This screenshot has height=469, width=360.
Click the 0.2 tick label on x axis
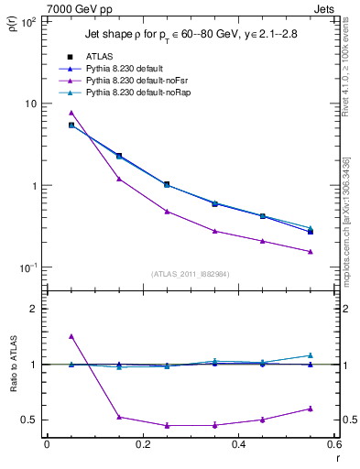142,444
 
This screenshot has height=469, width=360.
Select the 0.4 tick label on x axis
238,444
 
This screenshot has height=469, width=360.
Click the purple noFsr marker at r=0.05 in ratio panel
71,336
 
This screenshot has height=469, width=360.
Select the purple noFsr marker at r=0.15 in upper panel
119,179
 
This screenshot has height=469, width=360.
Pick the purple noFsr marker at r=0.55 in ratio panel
311,409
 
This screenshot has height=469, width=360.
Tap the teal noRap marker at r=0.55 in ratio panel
311,355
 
